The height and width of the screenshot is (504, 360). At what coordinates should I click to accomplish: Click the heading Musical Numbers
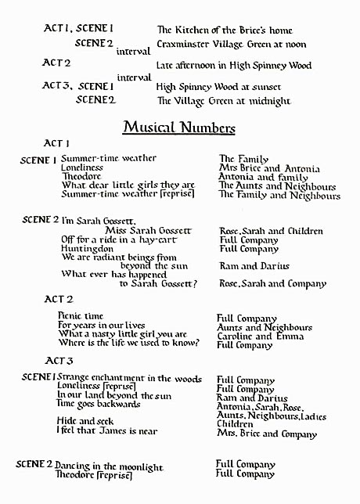(x=179, y=128)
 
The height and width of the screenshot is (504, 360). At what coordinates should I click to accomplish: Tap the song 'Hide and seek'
(x=85, y=421)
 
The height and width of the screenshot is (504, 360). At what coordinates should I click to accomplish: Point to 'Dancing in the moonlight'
(x=109, y=466)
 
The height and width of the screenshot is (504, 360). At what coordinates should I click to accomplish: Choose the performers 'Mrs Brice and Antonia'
(x=269, y=168)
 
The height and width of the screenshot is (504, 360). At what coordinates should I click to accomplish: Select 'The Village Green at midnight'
(x=223, y=101)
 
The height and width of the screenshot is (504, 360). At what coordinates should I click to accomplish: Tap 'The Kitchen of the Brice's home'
(x=225, y=30)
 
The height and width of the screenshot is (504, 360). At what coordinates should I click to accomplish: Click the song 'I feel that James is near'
(x=106, y=430)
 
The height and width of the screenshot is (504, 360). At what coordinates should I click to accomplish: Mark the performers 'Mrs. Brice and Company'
(x=267, y=434)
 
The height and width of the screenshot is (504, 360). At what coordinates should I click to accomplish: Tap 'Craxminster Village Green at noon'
(x=232, y=45)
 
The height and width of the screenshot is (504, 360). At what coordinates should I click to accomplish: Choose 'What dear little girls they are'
(x=128, y=185)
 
